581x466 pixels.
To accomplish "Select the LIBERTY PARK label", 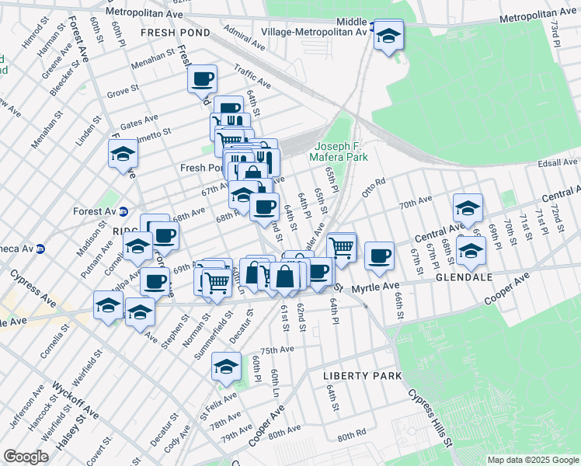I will click(362, 376).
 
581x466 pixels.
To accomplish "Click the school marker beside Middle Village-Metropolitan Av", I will click(388, 36).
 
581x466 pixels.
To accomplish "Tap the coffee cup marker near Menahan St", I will click(202, 78).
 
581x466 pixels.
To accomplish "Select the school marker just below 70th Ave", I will click(468, 208).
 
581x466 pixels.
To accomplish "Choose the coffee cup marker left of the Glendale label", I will click(379, 256).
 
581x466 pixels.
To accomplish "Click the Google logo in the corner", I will click(26, 457).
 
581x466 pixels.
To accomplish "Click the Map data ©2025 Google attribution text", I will click(533, 460).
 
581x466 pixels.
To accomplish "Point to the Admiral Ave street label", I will click(240, 32).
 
